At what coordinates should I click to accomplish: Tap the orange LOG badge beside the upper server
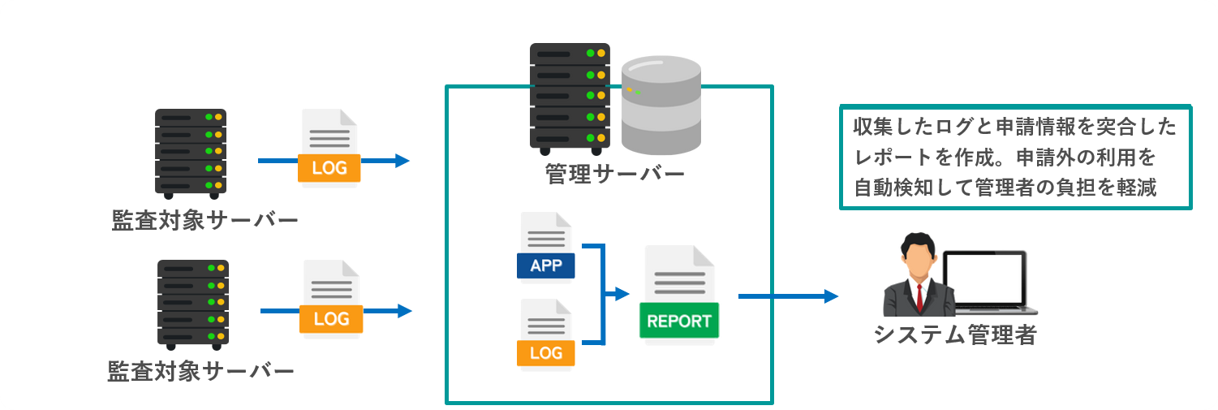click(329, 168)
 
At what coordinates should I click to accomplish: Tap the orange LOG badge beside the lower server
click(331, 319)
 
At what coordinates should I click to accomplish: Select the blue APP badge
click(545, 265)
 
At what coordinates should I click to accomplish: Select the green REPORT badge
click(679, 321)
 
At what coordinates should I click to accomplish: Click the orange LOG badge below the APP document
click(545, 353)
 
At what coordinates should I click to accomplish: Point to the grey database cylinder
click(661, 106)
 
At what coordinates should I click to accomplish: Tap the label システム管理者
click(954, 334)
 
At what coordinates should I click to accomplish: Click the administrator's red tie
click(919, 296)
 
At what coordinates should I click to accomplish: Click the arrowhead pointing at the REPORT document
click(622, 294)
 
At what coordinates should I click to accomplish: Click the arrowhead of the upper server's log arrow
click(401, 161)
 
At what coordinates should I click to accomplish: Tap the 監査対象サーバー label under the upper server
click(204, 221)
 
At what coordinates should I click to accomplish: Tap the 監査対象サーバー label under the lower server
click(200, 372)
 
